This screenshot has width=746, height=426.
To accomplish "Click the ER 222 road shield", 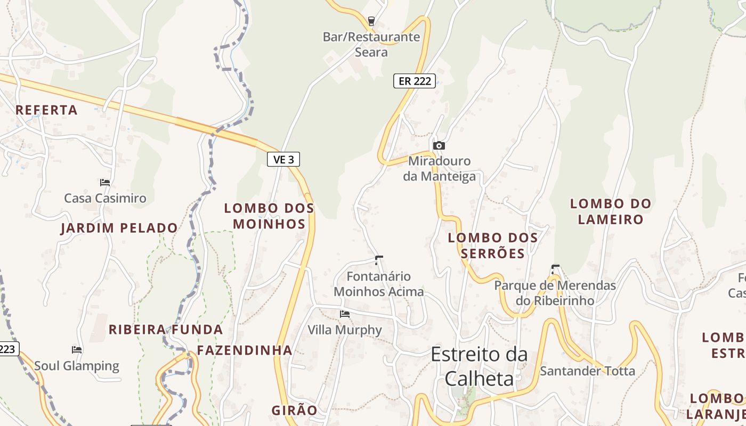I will pyautogui.click(x=415, y=81).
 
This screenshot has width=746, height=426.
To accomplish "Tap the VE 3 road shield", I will pyautogui.click(x=283, y=159).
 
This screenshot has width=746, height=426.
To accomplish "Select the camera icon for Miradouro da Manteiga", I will pyautogui.click(x=439, y=145).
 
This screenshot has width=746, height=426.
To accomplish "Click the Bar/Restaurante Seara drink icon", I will pyautogui.click(x=371, y=21).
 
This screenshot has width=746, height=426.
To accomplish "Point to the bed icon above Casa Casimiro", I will pyautogui.click(x=105, y=182).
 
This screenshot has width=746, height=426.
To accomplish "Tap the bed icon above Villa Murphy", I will pyautogui.click(x=345, y=314).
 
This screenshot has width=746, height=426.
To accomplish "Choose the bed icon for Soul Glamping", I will pyautogui.click(x=77, y=350).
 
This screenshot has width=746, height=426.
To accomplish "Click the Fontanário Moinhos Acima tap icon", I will pyautogui.click(x=379, y=260).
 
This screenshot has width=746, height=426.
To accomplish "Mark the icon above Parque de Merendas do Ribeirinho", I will pyautogui.click(x=555, y=269).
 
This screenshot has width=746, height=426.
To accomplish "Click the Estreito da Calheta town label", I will pyautogui.click(x=479, y=366).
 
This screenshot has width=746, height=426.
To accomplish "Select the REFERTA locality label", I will pyautogui.click(x=46, y=110).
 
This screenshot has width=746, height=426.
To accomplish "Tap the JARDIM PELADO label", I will pyautogui.click(x=119, y=228).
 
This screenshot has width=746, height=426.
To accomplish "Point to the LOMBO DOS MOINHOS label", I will pyautogui.click(x=269, y=216).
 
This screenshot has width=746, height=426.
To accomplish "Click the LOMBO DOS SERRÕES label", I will pyautogui.click(x=493, y=245).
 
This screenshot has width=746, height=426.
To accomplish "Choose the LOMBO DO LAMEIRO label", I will pyautogui.click(x=611, y=211).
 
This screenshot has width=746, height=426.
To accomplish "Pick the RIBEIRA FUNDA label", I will pyautogui.click(x=166, y=330).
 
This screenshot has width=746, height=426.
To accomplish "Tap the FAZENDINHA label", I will pyautogui.click(x=245, y=350).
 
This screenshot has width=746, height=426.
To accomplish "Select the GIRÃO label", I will pyautogui.click(x=294, y=411).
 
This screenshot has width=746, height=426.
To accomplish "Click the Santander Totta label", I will pyautogui.click(x=587, y=371).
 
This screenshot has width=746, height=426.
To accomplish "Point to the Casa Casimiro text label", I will pyautogui.click(x=105, y=198).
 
